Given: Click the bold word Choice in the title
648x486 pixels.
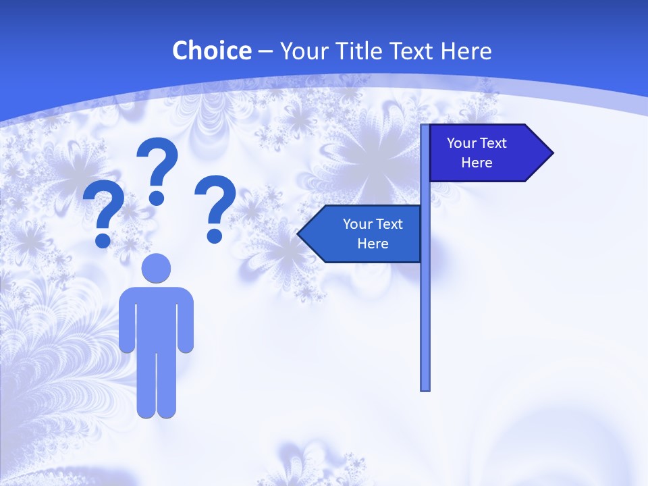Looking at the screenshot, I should pyautogui.click(x=211, y=51).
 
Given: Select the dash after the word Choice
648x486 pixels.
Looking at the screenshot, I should pyautogui.click(x=265, y=52).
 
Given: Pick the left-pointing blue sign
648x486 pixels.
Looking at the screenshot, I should pyautogui.click(x=361, y=234).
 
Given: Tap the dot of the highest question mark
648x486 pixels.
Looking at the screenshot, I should pyautogui.click(x=157, y=198).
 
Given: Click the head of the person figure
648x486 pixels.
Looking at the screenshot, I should pyautogui.click(x=156, y=268).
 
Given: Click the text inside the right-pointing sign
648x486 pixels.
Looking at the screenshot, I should pyautogui.click(x=477, y=153).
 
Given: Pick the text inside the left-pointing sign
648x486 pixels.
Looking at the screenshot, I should pyautogui.click(x=373, y=234).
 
